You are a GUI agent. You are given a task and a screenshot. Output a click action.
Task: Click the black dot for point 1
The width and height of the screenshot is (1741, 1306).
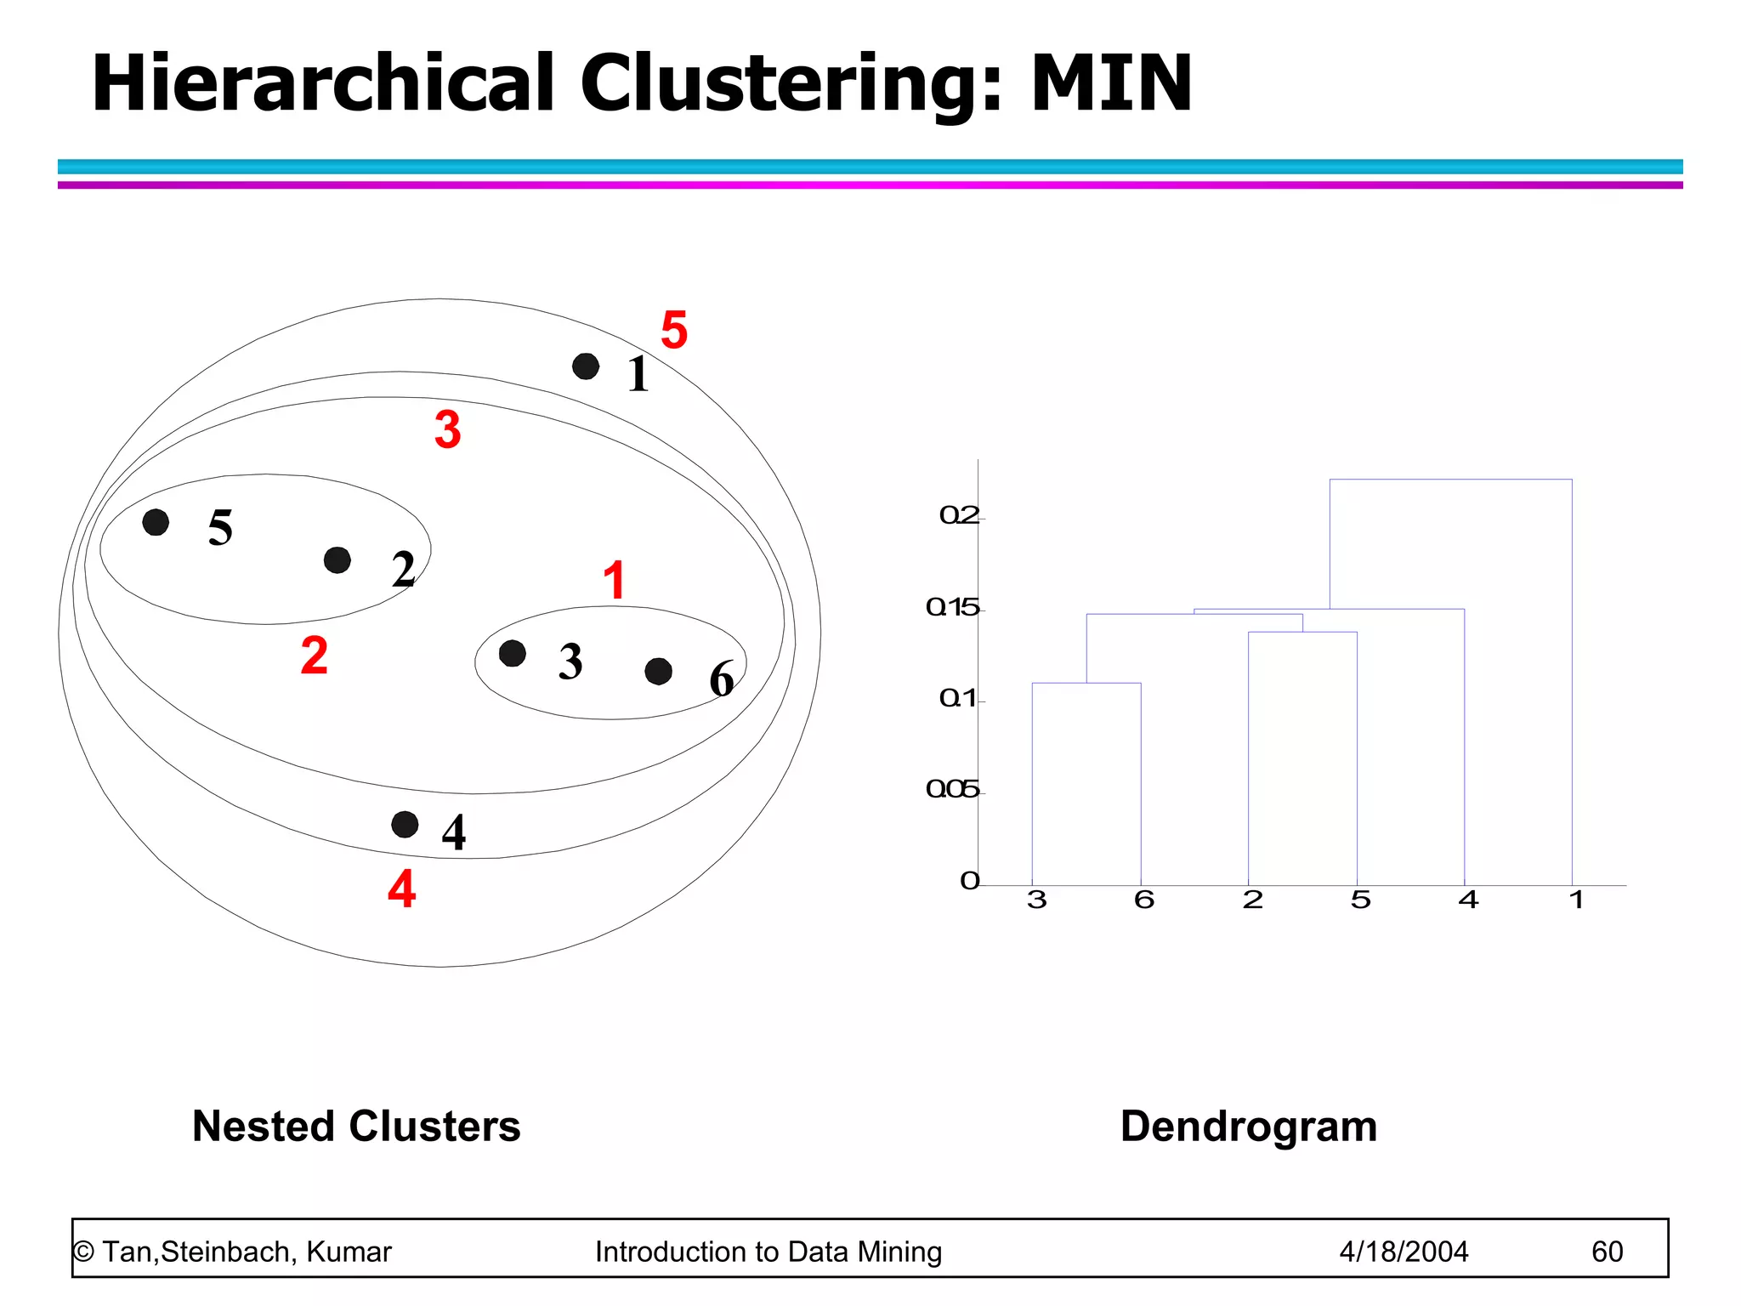[x=586, y=366]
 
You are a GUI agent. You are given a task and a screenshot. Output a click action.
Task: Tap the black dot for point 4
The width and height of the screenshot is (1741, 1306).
[x=405, y=824]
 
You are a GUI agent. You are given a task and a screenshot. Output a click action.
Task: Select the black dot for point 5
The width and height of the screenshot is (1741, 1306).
[x=156, y=522]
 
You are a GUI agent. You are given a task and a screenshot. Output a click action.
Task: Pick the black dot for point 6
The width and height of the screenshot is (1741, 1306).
[x=658, y=672]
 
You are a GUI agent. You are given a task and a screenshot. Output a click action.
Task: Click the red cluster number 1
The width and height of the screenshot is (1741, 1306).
[x=614, y=580]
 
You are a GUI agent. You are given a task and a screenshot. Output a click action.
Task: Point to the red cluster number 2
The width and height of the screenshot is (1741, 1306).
[x=314, y=656]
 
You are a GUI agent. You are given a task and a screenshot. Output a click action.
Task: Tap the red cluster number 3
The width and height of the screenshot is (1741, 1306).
[x=448, y=429]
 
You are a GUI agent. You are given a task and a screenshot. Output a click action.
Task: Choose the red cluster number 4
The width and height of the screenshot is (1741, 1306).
[x=401, y=889]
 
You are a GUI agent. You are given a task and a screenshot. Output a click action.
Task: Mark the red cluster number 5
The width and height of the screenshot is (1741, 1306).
[x=674, y=330]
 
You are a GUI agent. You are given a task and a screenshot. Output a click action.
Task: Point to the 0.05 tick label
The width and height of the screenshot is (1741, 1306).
[x=953, y=790]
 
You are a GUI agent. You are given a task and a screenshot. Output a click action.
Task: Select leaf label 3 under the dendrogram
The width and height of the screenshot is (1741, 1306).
[x=1036, y=900]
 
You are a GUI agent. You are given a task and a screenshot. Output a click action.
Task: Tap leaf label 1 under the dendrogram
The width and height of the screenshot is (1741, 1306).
[x=1576, y=900]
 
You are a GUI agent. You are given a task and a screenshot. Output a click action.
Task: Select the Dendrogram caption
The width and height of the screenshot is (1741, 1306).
[x=1248, y=1126]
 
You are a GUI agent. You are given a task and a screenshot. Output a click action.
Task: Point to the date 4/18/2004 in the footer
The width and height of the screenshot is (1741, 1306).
[x=1404, y=1252]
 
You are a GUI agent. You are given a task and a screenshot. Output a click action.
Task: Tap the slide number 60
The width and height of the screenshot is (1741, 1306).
[x=1607, y=1252]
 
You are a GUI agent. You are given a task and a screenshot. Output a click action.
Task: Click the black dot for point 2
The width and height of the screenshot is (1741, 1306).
[x=337, y=560]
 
